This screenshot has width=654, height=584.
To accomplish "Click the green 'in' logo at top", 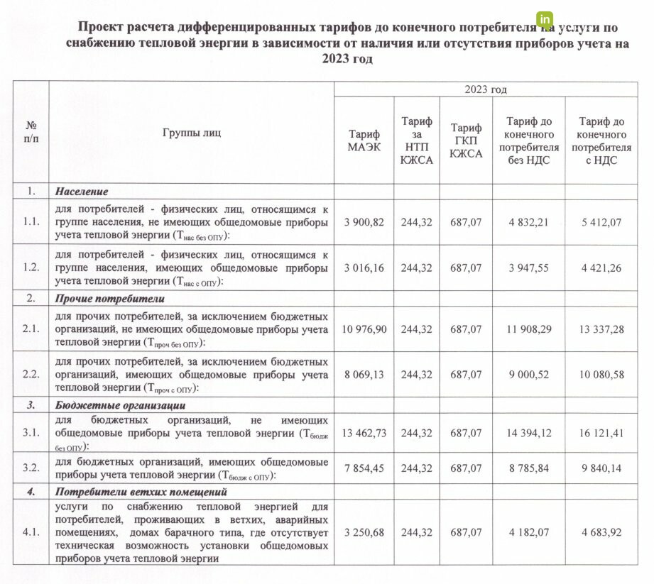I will [545, 20].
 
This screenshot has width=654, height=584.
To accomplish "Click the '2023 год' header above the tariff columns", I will [486, 89].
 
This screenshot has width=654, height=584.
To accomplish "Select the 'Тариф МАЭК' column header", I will [364, 141].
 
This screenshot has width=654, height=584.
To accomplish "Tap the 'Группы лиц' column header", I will [192, 133].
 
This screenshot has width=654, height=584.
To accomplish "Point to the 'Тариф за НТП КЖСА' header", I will [417, 141].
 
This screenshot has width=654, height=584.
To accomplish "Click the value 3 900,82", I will [364, 222].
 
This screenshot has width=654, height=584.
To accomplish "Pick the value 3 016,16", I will [364, 268].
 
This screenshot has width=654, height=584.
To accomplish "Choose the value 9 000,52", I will [530, 375].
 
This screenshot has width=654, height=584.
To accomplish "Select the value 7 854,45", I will [364, 468].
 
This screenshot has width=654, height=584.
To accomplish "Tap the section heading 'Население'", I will [82, 192].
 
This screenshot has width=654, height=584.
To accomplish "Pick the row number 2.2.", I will [31, 375].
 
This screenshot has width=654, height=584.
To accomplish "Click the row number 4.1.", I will [31, 531].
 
